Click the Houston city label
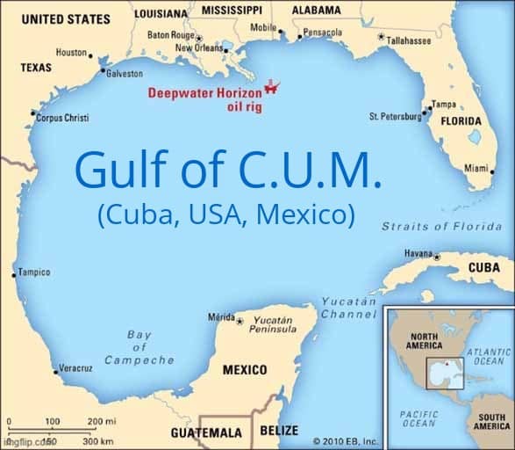(71, 53)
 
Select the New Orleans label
(199, 47)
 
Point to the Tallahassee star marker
(380, 38)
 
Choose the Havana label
(418, 253)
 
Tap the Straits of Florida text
(441, 226)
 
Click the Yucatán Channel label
(348, 308)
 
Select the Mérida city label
(220, 316)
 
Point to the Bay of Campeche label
(139, 347)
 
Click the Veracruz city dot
(56, 372)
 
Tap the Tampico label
(34, 272)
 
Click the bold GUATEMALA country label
(205, 433)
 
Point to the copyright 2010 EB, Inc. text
(345, 441)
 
